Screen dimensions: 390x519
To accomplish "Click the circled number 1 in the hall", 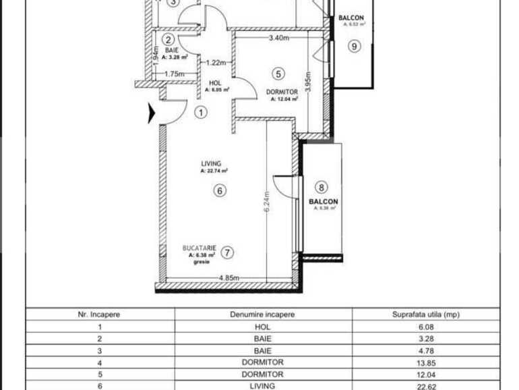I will point(200,113).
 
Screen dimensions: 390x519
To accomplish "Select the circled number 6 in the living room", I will point(218,191).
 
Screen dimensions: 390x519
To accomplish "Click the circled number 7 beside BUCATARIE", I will point(228,253).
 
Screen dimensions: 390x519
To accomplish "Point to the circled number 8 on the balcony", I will point(322,188).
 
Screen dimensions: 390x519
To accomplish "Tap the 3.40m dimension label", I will point(278,38).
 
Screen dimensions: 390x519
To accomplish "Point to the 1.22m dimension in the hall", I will point(216,63).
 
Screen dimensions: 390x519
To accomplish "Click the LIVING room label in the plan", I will point(211,164).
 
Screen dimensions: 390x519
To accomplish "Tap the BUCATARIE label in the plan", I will point(200,249).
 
